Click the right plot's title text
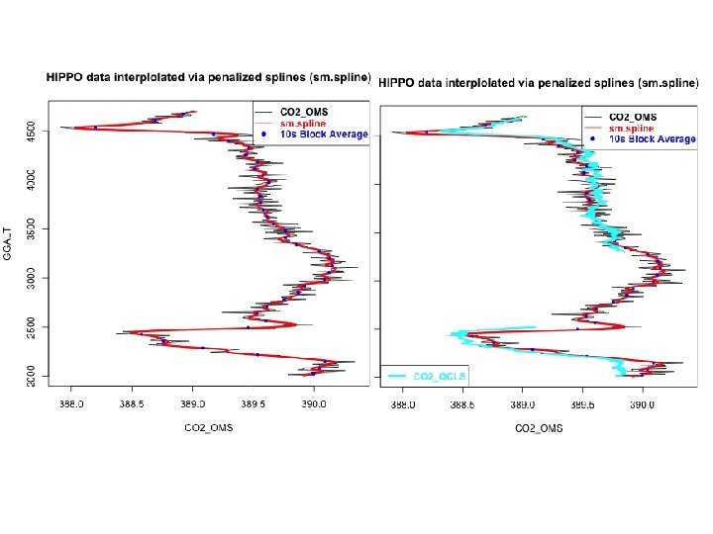[541, 79]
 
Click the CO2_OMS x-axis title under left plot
[208, 427]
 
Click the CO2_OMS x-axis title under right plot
[539, 428]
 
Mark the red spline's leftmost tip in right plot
[404, 132]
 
